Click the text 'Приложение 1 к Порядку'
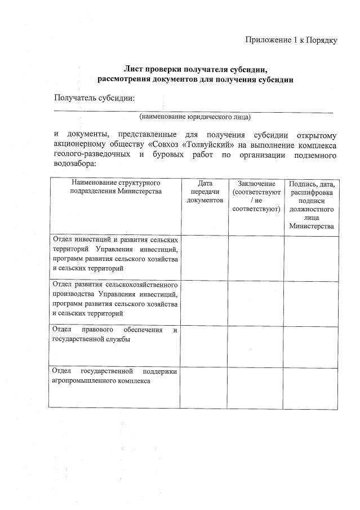[291, 41]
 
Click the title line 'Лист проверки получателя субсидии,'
[195, 69]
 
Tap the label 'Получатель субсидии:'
[94, 98]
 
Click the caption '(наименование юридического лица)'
[195, 117]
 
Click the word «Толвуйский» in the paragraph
[207, 145]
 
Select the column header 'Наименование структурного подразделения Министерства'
[115, 187]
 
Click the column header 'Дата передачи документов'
[205, 192]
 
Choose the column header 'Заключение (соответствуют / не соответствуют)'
[256, 196]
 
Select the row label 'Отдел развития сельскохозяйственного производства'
[115, 298]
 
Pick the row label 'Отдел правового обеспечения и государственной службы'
[115, 334]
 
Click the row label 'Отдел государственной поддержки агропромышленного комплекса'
[115, 376]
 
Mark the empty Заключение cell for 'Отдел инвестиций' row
[256, 258]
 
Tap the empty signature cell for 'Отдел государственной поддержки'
[311, 387]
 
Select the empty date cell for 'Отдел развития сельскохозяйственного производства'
[205, 302]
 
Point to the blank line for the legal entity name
[195, 111]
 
